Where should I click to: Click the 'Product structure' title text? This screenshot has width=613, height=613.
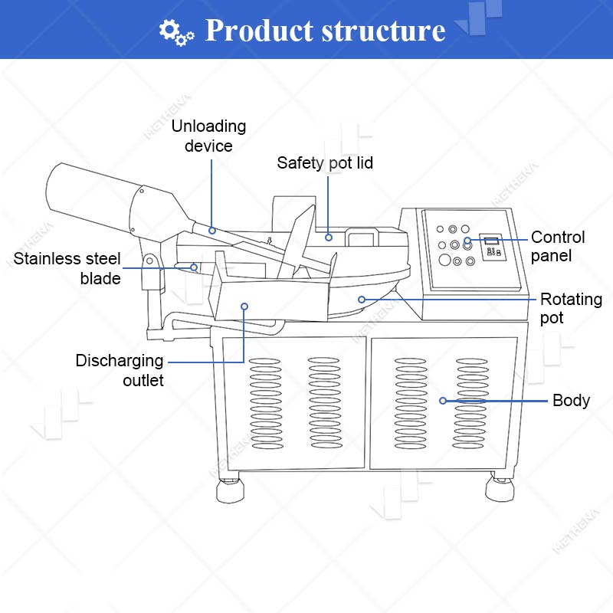325,30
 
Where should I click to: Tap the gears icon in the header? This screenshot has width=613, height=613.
176,32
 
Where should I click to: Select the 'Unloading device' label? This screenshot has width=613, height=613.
208,136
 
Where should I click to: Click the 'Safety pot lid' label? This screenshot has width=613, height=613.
325,163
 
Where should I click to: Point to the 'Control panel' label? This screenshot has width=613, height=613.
558,246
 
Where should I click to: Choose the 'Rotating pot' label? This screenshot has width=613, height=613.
571,309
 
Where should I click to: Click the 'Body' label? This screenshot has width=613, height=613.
571,400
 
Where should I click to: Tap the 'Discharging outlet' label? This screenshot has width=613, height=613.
120,370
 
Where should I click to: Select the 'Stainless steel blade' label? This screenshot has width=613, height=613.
67,268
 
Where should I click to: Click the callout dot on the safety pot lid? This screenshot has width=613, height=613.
329,238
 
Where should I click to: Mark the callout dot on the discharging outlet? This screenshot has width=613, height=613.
244,306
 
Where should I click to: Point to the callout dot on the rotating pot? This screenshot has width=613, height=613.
362,300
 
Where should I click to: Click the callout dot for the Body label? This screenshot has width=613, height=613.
443,401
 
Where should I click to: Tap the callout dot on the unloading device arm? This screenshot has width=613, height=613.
212,231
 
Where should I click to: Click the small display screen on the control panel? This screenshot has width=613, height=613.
492,241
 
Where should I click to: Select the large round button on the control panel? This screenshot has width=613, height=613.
445,260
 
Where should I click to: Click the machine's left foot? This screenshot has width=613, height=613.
231,490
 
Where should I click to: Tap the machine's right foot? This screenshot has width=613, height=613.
500,487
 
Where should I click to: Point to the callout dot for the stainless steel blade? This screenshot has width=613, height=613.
194,267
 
